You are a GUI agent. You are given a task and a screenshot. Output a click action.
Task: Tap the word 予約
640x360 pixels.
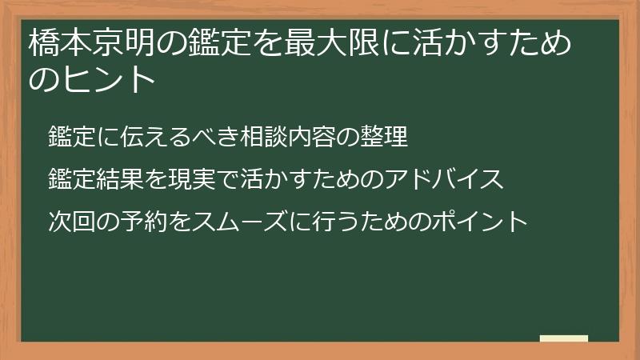click(130, 220)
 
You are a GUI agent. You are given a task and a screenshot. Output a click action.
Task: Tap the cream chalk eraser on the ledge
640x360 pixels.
click(564, 338)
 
